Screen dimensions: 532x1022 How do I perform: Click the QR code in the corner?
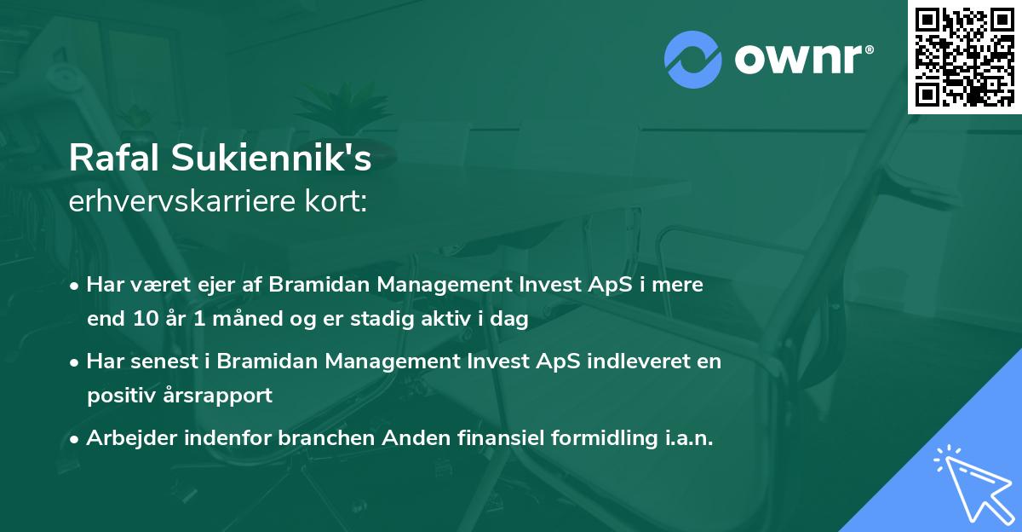pyautogui.click(x=964, y=56)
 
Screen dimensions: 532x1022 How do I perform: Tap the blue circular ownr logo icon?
pyautogui.click(x=693, y=59)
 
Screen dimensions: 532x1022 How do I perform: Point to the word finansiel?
pyautogui.click(x=496, y=438)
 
